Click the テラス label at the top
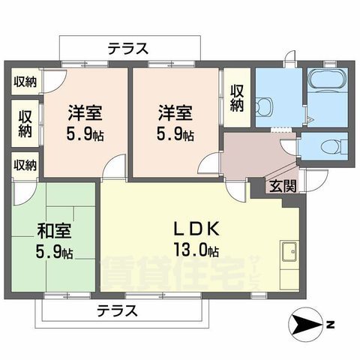(127, 48)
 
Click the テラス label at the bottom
(116, 310)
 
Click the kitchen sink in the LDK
(289, 252)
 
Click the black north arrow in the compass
(304, 324)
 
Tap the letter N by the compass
(331, 325)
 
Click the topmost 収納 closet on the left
(25, 82)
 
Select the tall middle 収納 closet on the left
(25, 123)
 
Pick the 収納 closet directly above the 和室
(25, 164)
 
